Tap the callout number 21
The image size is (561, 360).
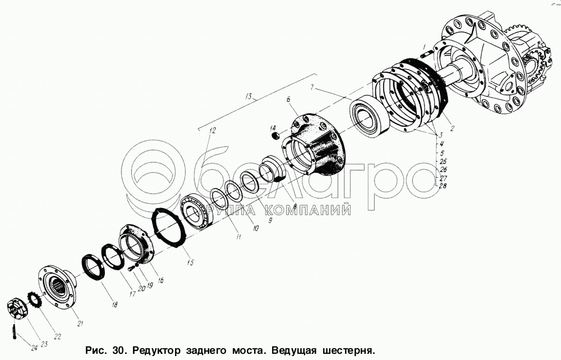coord(80,324)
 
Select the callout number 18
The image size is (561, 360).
coord(114,304)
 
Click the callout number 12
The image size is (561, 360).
coord(213,131)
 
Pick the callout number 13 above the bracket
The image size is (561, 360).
coord(250,96)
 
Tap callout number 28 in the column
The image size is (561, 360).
coord(443,186)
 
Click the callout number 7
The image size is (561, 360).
coord(312,87)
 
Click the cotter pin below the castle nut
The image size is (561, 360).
coord(14,331)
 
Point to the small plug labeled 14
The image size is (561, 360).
coord(275,136)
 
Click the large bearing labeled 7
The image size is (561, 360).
coord(369,116)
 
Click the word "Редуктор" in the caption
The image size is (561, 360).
coord(157,349)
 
